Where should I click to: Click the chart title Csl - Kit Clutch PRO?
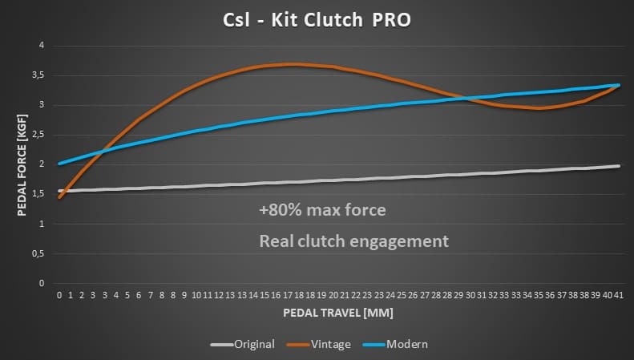(x=317, y=19)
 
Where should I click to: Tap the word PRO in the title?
(x=392, y=19)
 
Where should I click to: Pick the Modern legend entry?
(x=400, y=344)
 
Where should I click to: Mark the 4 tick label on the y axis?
(x=42, y=46)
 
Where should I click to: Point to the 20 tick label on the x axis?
(x=333, y=295)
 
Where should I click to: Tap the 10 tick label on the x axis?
(x=196, y=295)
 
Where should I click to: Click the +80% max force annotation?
(x=323, y=211)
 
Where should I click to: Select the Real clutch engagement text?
(x=353, y=241)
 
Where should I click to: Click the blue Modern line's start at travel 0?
(x=59, y=164)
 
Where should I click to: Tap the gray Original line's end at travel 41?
(x=618, y=166)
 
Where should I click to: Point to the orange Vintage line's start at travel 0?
(x=59, y=196)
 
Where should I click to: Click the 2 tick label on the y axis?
(x=42, y=164)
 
